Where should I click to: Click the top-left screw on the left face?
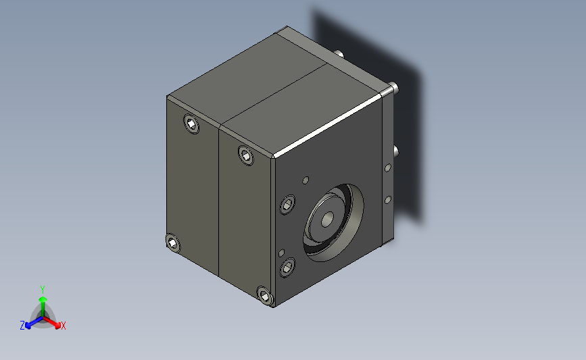point(191,124)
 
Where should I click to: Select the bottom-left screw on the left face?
point(172,242)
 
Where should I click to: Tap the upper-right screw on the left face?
point(245,155)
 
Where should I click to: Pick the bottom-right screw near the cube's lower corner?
point(265,296)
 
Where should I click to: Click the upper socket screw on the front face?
point(287,205)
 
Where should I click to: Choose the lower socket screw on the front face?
point(287,267)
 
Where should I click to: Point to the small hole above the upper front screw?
point(306,180)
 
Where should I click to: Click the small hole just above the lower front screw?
point(281,253)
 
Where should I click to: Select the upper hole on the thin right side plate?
point(388,168)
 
